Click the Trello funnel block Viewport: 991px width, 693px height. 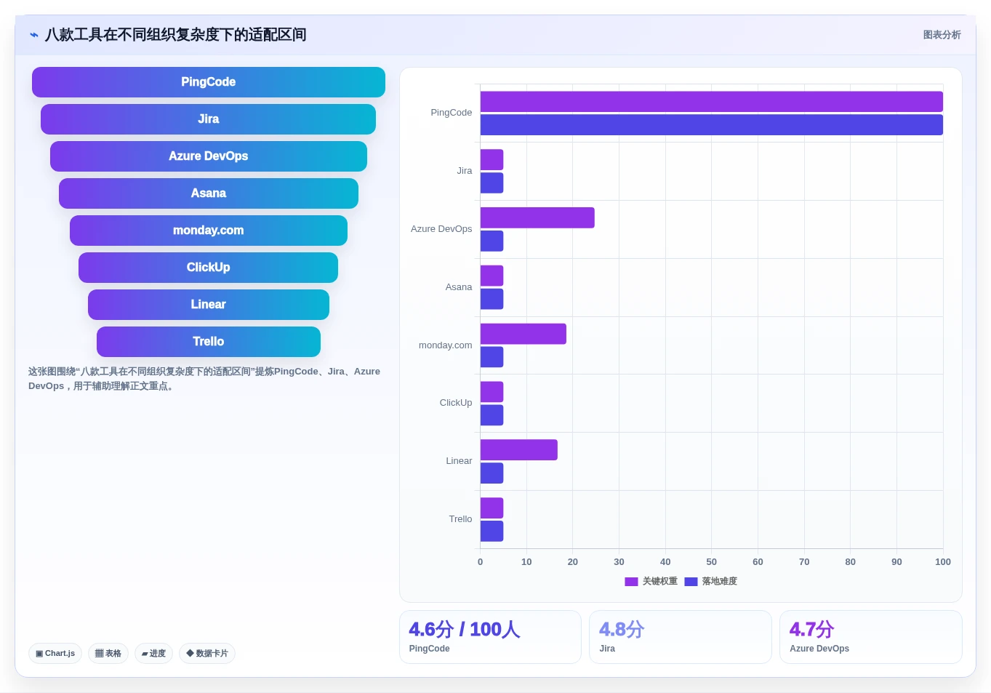(209, 342)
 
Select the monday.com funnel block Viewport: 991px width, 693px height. (209, 230)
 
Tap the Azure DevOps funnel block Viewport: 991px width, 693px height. (209, 156)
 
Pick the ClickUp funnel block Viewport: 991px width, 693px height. (209, 268)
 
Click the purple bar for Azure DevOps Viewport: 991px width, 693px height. (537, 217)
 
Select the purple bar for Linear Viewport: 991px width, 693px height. (519, 449)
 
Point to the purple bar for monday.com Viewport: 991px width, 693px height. (523, 334)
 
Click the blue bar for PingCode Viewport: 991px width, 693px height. (711, 125)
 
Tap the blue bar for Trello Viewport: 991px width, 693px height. (492, 531)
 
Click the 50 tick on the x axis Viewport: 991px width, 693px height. (711, 561)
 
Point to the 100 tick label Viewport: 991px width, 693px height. (943, 561)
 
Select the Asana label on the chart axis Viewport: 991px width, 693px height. (458, 287)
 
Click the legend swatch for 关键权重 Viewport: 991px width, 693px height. (631, 581)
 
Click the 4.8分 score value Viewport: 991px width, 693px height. (622, 629)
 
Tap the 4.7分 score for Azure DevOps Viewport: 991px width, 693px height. (812, 629)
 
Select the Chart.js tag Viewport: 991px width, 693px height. (55, 653)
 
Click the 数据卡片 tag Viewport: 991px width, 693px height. (207, 653)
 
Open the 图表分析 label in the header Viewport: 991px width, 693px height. (942, 35)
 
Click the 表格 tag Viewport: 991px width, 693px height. (108, 653)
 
